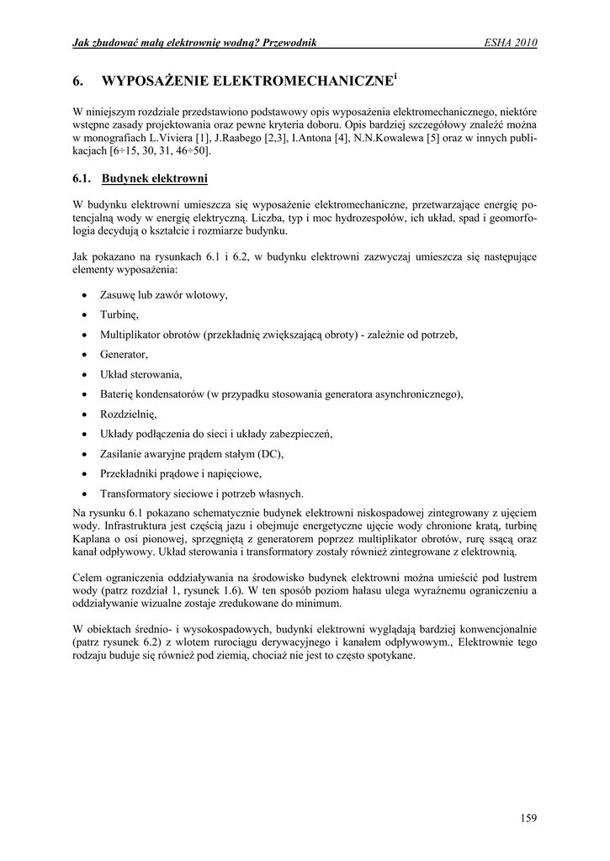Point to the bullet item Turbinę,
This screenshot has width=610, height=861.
click(x=119, y=314)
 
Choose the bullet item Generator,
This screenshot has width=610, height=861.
click(x=124, y=354)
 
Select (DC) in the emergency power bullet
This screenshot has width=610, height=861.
click(x=269, y=454)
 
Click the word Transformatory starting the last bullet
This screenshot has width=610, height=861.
click(x=139, y=494)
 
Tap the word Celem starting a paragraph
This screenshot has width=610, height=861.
click(x=88, y=578)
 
